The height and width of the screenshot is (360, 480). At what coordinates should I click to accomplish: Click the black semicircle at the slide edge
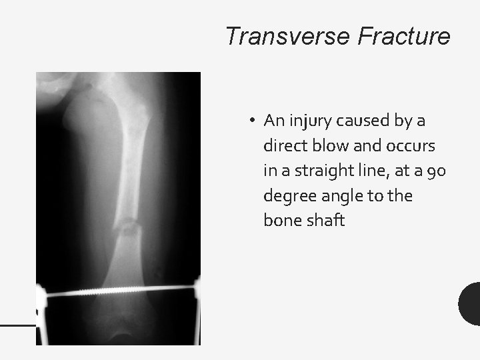[471, 303]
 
